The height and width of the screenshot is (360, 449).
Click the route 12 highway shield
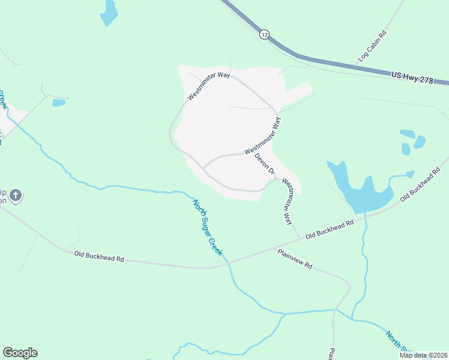264,34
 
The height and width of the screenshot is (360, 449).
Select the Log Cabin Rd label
372,46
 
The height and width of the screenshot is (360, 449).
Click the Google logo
20,353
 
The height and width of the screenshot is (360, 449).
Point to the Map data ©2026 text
423,355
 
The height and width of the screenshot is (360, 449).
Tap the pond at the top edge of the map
109,13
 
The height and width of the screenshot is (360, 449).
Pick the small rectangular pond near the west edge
59,103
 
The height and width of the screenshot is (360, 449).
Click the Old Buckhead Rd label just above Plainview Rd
328,229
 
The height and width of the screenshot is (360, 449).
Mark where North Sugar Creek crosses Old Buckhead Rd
228,263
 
